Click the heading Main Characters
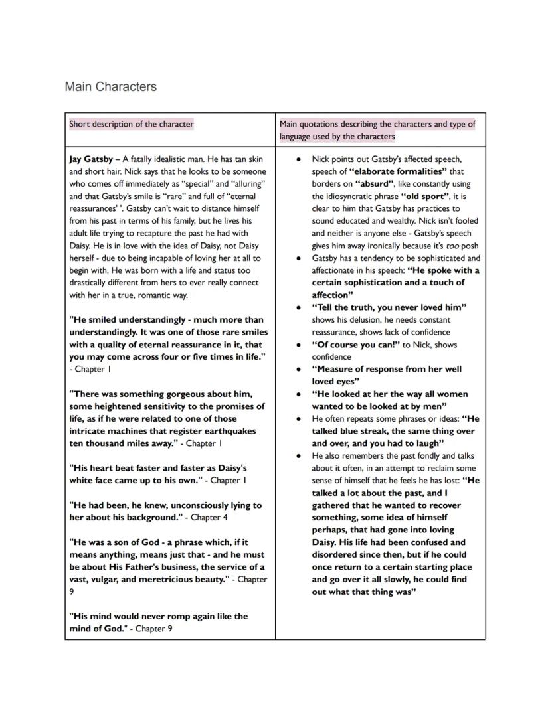point(111,87)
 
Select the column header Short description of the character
point(132,124)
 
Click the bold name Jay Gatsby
point(91,159)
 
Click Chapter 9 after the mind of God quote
point(154,629)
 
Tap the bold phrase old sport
point(424,197)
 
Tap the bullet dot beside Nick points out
point(300,160)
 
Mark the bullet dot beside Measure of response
point(300,370)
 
